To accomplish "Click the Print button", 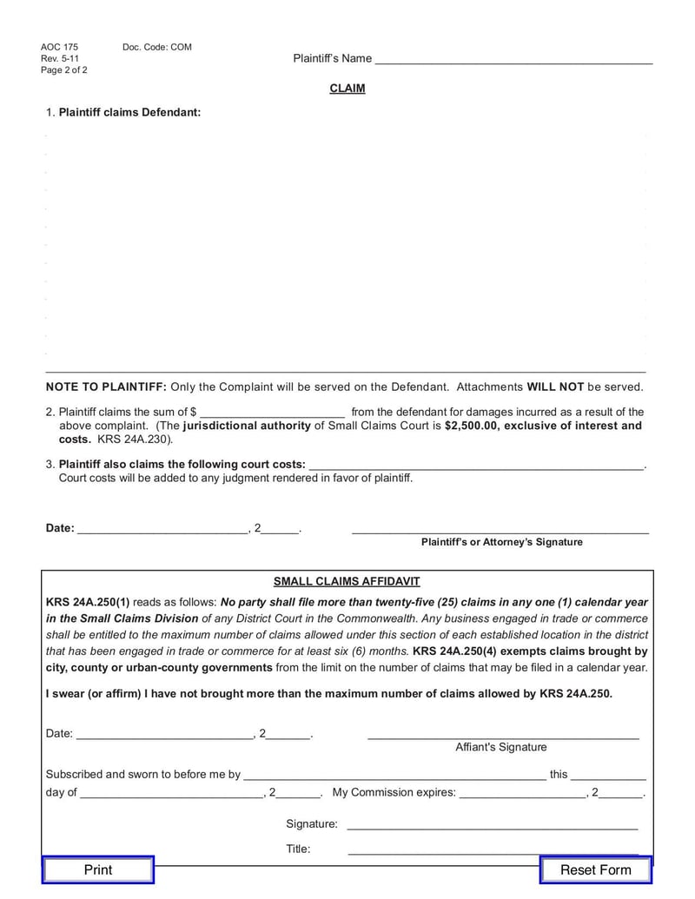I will coord(98,870).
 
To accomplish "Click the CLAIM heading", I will coord(347,89).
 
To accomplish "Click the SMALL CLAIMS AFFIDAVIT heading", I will coord(347,582).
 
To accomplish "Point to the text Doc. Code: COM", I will coord(157,47).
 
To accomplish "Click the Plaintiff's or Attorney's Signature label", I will coord(502,542).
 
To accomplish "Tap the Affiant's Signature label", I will coord(501,747).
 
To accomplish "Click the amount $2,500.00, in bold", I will coord(473,426).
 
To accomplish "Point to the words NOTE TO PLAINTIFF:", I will coord(106,387).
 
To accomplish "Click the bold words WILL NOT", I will coord(555,387).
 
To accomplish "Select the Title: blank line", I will coord(493,851).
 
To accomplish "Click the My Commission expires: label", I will coord(394,792).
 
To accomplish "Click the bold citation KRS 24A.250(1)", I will coord(88,602).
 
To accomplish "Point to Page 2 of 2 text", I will coord(64,70).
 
